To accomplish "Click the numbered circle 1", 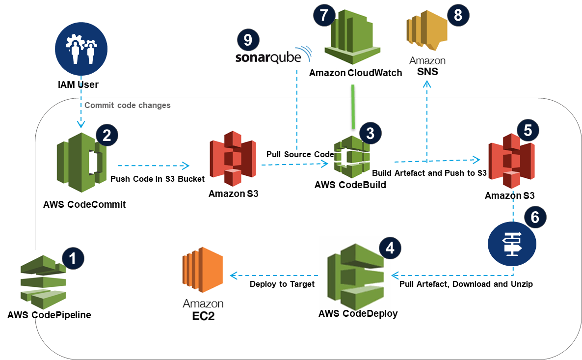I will pos(73,259).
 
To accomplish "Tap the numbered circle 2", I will pos(106,135).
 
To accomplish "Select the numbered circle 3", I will pos(370,133).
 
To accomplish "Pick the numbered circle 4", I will pos(390,248).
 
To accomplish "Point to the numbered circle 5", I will pos(528,130).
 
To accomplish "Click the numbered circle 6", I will pos(535,217).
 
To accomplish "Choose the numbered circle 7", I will pos(323,15).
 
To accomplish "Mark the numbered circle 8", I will pos(458,15).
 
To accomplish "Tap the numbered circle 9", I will pos(248,39).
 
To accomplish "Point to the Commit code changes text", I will pos(128,105).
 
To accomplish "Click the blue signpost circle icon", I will pos(512,244).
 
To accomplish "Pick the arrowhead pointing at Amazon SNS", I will pos(427,84).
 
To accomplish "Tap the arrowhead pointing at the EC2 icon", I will pos(233,276).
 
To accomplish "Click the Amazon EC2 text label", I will pos(202,310).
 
